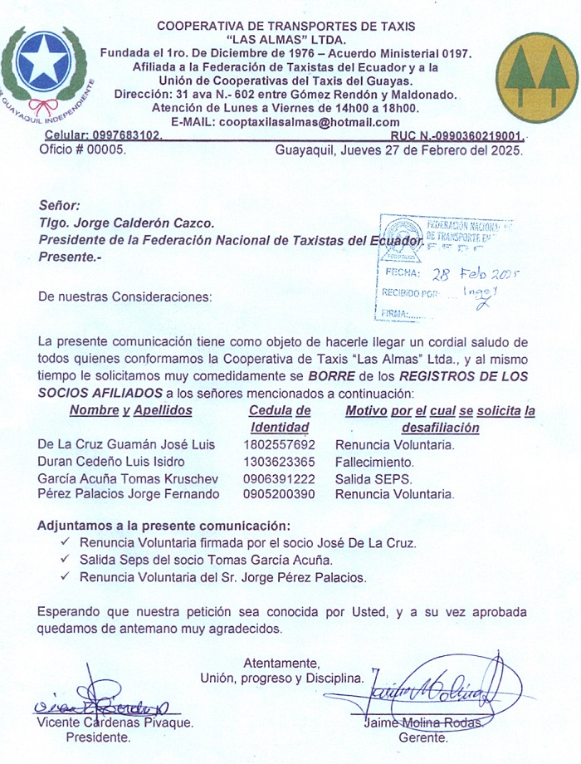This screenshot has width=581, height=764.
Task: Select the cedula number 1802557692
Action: [279, 445]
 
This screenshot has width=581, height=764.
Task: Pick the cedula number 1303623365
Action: [279, 462]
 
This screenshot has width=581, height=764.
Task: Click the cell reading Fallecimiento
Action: [374, 462]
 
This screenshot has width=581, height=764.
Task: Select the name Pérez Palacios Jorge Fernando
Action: [129, 494]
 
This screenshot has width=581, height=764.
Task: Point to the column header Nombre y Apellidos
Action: [130, 410]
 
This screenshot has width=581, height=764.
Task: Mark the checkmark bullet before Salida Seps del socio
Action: [65, 560]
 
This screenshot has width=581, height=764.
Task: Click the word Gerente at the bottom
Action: [424, 737]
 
